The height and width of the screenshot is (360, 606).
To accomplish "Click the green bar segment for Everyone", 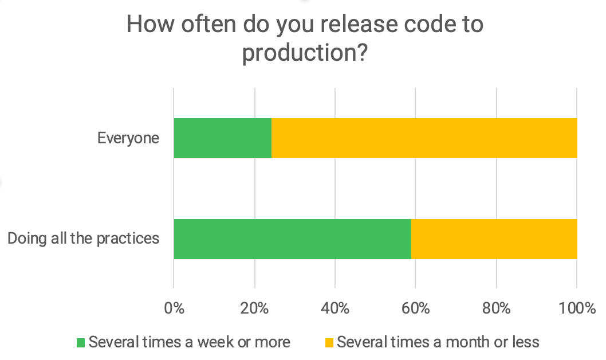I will pos(222,138).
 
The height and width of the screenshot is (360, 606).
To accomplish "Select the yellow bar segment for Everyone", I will pos(424,138).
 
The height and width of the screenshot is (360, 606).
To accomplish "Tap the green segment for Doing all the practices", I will pos(292,238).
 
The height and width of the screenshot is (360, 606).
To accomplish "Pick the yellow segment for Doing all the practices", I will pos(494,238).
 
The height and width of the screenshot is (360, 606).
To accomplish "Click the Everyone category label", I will pos(128,138).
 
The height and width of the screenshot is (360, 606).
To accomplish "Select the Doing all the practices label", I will pos(83,238).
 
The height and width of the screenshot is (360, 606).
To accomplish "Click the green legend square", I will pos(81,343).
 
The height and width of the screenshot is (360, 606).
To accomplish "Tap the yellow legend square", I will pos(329,343).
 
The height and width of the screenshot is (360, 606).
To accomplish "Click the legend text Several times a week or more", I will pos(189,342).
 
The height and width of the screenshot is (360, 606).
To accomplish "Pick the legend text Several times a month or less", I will pos(438,342).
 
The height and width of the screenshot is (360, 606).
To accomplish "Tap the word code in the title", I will pos(427,24).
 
